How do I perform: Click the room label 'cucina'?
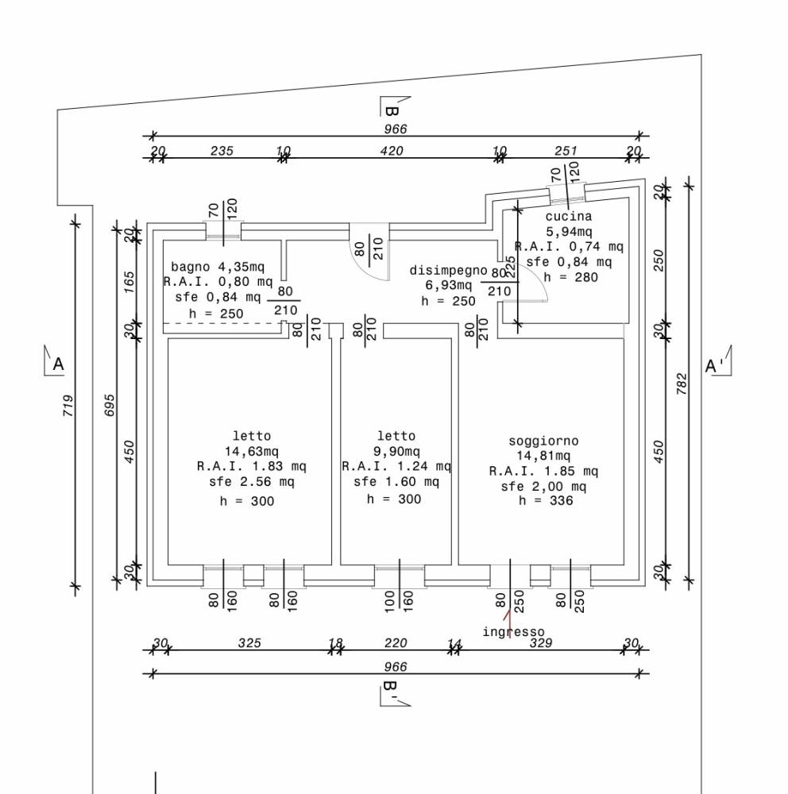tap(569, 216)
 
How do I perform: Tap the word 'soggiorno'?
tap(543, 441)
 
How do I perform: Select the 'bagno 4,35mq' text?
tap(218, 267)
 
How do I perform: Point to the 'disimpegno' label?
tap(448, 271)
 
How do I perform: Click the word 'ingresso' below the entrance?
tap(513, 632)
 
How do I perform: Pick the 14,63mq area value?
tap(252, 451)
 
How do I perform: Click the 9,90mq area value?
tap(396, 451)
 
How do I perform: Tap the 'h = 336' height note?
tap(546, 501)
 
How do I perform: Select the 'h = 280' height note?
tap(570, 277)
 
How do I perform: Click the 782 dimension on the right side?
tap(682, 384)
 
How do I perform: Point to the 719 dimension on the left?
tap(68, 406)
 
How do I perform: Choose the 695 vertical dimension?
tap(110, 406)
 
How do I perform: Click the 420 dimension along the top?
tap(392, 151)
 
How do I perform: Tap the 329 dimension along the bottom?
tap(541, 643)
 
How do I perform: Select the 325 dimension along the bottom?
tap(249, 643)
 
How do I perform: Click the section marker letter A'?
tap(714, 365)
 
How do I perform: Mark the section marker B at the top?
tap(391, 111)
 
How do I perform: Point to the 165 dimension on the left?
tap(129, 282)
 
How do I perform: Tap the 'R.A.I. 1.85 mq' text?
tap(543, 472)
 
